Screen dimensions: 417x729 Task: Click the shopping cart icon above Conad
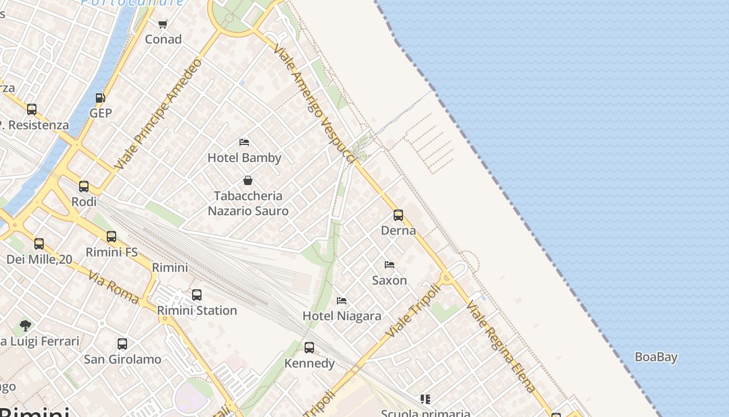click(x=162, y=24)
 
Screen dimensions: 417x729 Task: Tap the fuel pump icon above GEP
click(x=100, y=98)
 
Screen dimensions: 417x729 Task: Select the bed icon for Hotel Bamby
click(x=244, y=142)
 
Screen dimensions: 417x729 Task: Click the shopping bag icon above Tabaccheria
click(x=248, y=180)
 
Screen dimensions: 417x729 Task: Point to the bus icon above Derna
click(x=398, y=215)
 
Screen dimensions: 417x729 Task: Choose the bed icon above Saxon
click(x=389, y=265)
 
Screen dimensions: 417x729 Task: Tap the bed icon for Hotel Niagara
click(x=342, y=300)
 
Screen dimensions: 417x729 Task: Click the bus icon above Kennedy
click(x=309, y=347)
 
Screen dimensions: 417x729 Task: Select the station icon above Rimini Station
click(x=197, y=295)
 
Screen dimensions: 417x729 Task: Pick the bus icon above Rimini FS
click(x=111, y=237)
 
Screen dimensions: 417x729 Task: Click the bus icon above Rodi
click(x=84, y=187)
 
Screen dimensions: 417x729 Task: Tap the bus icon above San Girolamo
click(x=122, y=344)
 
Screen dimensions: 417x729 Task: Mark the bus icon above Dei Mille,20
click(x=39, y=244)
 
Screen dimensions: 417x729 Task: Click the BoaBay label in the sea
click(x=656, y=358)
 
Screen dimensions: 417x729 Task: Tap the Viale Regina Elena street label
click(x=501, y=347)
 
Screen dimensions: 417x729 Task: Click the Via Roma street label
click(x=113, y=287)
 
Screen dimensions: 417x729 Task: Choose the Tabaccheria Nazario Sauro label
click(x=248, y=203)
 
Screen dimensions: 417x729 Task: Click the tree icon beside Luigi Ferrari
click(x=25, y=326)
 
